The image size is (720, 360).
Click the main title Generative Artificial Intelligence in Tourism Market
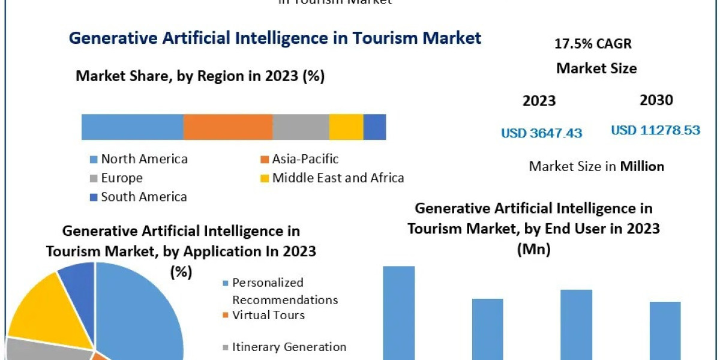pos(275,38)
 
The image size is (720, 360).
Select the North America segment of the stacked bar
pos(132,127)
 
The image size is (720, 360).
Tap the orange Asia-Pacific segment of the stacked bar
pos(227,127)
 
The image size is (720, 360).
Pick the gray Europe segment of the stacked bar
pos(301,127)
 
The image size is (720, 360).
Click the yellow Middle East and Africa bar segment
pos(346,127)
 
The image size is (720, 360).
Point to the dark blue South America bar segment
pos(374,127)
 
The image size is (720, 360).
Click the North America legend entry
pos(143,159)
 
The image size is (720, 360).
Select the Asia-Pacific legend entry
pos(304,159)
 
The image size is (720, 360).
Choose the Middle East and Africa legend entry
pos(337,178)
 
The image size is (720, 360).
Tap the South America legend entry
pos(143,197)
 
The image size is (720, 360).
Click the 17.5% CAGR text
pos(593,44)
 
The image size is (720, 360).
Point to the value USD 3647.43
pos(542,133)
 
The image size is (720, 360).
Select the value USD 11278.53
pos(655,130)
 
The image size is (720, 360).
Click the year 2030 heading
pos(656,100)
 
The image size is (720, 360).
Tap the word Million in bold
pos(642,166)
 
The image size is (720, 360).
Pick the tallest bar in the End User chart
pos(398,312)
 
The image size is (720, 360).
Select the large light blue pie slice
pos(141,312)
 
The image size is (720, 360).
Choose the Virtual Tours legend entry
pos(268,315)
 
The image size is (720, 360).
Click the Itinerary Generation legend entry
pos(289,347)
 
